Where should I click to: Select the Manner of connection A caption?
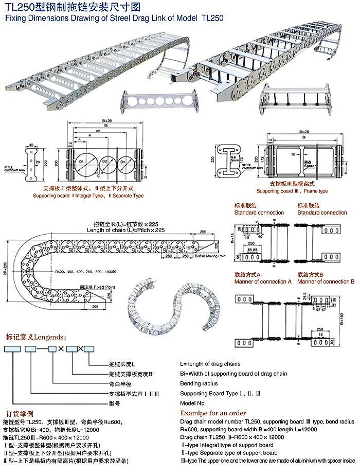point(263,281)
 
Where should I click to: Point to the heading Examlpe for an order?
point(213,413)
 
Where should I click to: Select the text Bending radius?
point(199,383)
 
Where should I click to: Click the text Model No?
point(192,403)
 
